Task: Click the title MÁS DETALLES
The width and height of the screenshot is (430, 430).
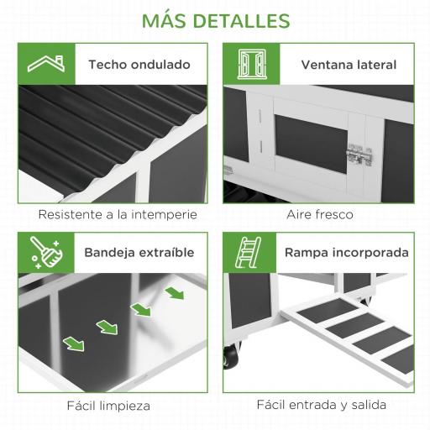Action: (x=216, y=20)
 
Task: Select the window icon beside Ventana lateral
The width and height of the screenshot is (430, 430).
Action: (x=251, y=64)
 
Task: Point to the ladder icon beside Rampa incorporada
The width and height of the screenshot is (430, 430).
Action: (x=251, y=252)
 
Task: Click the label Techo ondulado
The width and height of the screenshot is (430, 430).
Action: (x=139, y=65)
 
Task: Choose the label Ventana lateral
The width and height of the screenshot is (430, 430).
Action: (x=349, y=65)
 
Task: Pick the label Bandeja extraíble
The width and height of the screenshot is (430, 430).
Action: (x=139, y=252)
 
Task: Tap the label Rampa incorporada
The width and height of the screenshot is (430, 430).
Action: (x=347, y=252)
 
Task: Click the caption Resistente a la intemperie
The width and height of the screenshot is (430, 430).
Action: (x=118, y=214)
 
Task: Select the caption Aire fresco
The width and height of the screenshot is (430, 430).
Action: (x=320, y=214)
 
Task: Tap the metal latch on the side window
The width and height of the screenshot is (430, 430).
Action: (x=359, y=155)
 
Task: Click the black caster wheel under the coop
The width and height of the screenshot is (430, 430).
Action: (x=229, y=357)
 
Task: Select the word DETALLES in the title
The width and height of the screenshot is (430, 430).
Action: (x=246, y=20)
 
